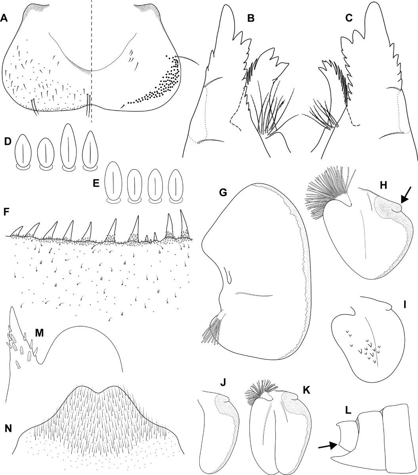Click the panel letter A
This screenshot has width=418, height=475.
[x=4, y=18]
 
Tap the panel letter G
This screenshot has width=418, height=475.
[x=223, y=192]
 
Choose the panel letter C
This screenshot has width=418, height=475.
[x=349, y=18]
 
